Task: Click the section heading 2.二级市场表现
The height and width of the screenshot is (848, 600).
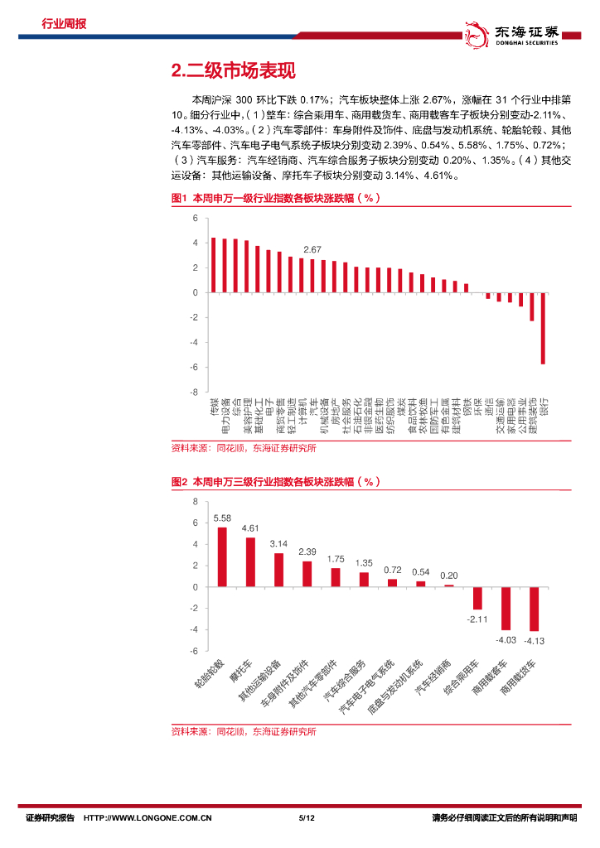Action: (232, 71)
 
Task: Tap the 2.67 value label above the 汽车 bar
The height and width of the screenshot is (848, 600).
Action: (312, 249)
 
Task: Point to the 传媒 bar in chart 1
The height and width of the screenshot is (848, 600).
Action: (213, 265)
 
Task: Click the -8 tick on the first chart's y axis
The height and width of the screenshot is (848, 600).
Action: (196, 392)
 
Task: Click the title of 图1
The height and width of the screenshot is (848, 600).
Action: (275, 199)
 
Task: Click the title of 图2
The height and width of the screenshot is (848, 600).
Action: (275, 481)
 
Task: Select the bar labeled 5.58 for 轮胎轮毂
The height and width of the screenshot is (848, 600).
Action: (222, 556)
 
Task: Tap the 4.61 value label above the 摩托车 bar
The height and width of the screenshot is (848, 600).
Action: (250, 528)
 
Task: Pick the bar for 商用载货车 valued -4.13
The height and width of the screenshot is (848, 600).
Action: (534, 609)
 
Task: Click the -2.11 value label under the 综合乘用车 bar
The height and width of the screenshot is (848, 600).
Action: (477, 618)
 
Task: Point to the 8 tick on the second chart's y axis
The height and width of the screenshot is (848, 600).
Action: (196, 502)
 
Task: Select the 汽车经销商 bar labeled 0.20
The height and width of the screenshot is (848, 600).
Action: (449, 585)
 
